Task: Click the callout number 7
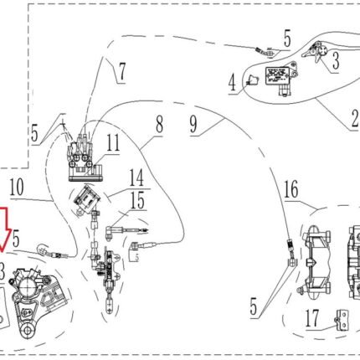click(x=122, y=72)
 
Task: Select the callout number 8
click(x=159, y=125)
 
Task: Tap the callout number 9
click(x=193, y=125)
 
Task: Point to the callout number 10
click(x=17, y=188)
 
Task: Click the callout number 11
click(x=113, y=142)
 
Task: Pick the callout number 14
click(x=136, y=177)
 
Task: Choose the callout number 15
click(x=137, y=199)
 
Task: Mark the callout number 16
click(x=291, y=189)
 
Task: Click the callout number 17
click(x=312, y=318)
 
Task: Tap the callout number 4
click(x=232, y=83)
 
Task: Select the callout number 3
click(x=336, y=61)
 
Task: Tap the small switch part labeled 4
click(x=253, y=80)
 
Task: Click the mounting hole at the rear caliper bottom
click(x=28, y=330)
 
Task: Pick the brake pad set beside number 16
click(x=317, y=262)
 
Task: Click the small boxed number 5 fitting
click(x=136, y=252)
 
